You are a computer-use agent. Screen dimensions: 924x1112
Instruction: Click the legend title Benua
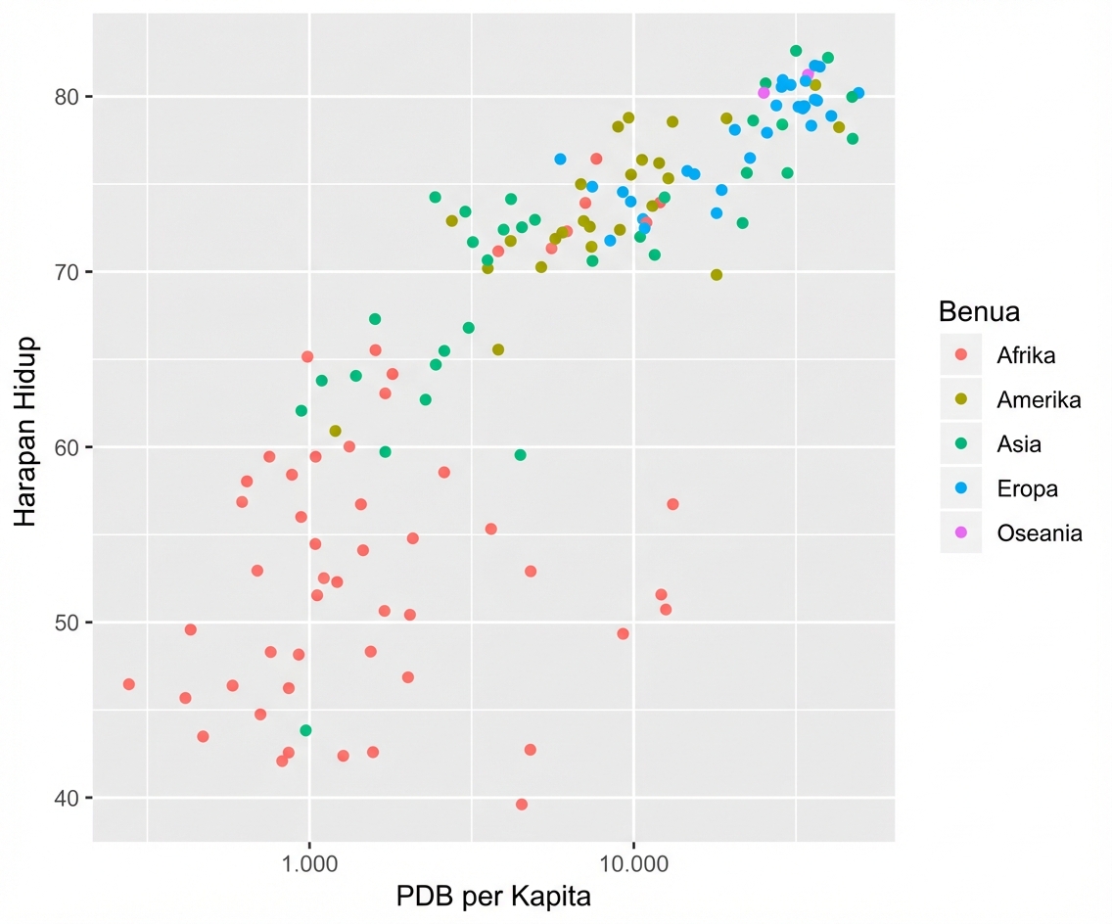point(979,312)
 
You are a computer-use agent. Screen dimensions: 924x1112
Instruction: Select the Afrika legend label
point(1026,355)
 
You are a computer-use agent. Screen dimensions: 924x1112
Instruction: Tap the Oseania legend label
point(1040,533)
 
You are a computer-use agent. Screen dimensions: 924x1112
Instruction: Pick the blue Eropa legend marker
point(960,488)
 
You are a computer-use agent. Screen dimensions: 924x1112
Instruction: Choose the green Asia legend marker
point(960,444)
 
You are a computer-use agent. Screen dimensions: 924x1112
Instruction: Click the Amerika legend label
point(1039,399)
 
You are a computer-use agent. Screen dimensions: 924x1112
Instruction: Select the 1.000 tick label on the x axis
point(309,865)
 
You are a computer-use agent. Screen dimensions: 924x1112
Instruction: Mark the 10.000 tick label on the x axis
point(633,865)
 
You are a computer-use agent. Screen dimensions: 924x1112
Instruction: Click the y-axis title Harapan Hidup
point(26,432)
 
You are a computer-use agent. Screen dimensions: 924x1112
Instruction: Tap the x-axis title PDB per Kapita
point(493,896)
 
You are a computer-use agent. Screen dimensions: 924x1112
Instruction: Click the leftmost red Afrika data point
point(128,684)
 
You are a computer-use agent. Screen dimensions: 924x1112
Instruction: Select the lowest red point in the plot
point(522,805)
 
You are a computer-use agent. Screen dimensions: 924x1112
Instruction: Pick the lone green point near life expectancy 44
point(305,730)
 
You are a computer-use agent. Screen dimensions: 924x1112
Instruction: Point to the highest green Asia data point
point(796,51)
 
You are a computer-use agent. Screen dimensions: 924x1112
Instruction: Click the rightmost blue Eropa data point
point(858,93)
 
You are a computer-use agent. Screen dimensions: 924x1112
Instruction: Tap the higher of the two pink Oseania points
point(808,74)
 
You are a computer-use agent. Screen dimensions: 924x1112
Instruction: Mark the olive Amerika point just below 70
point(717,275)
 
